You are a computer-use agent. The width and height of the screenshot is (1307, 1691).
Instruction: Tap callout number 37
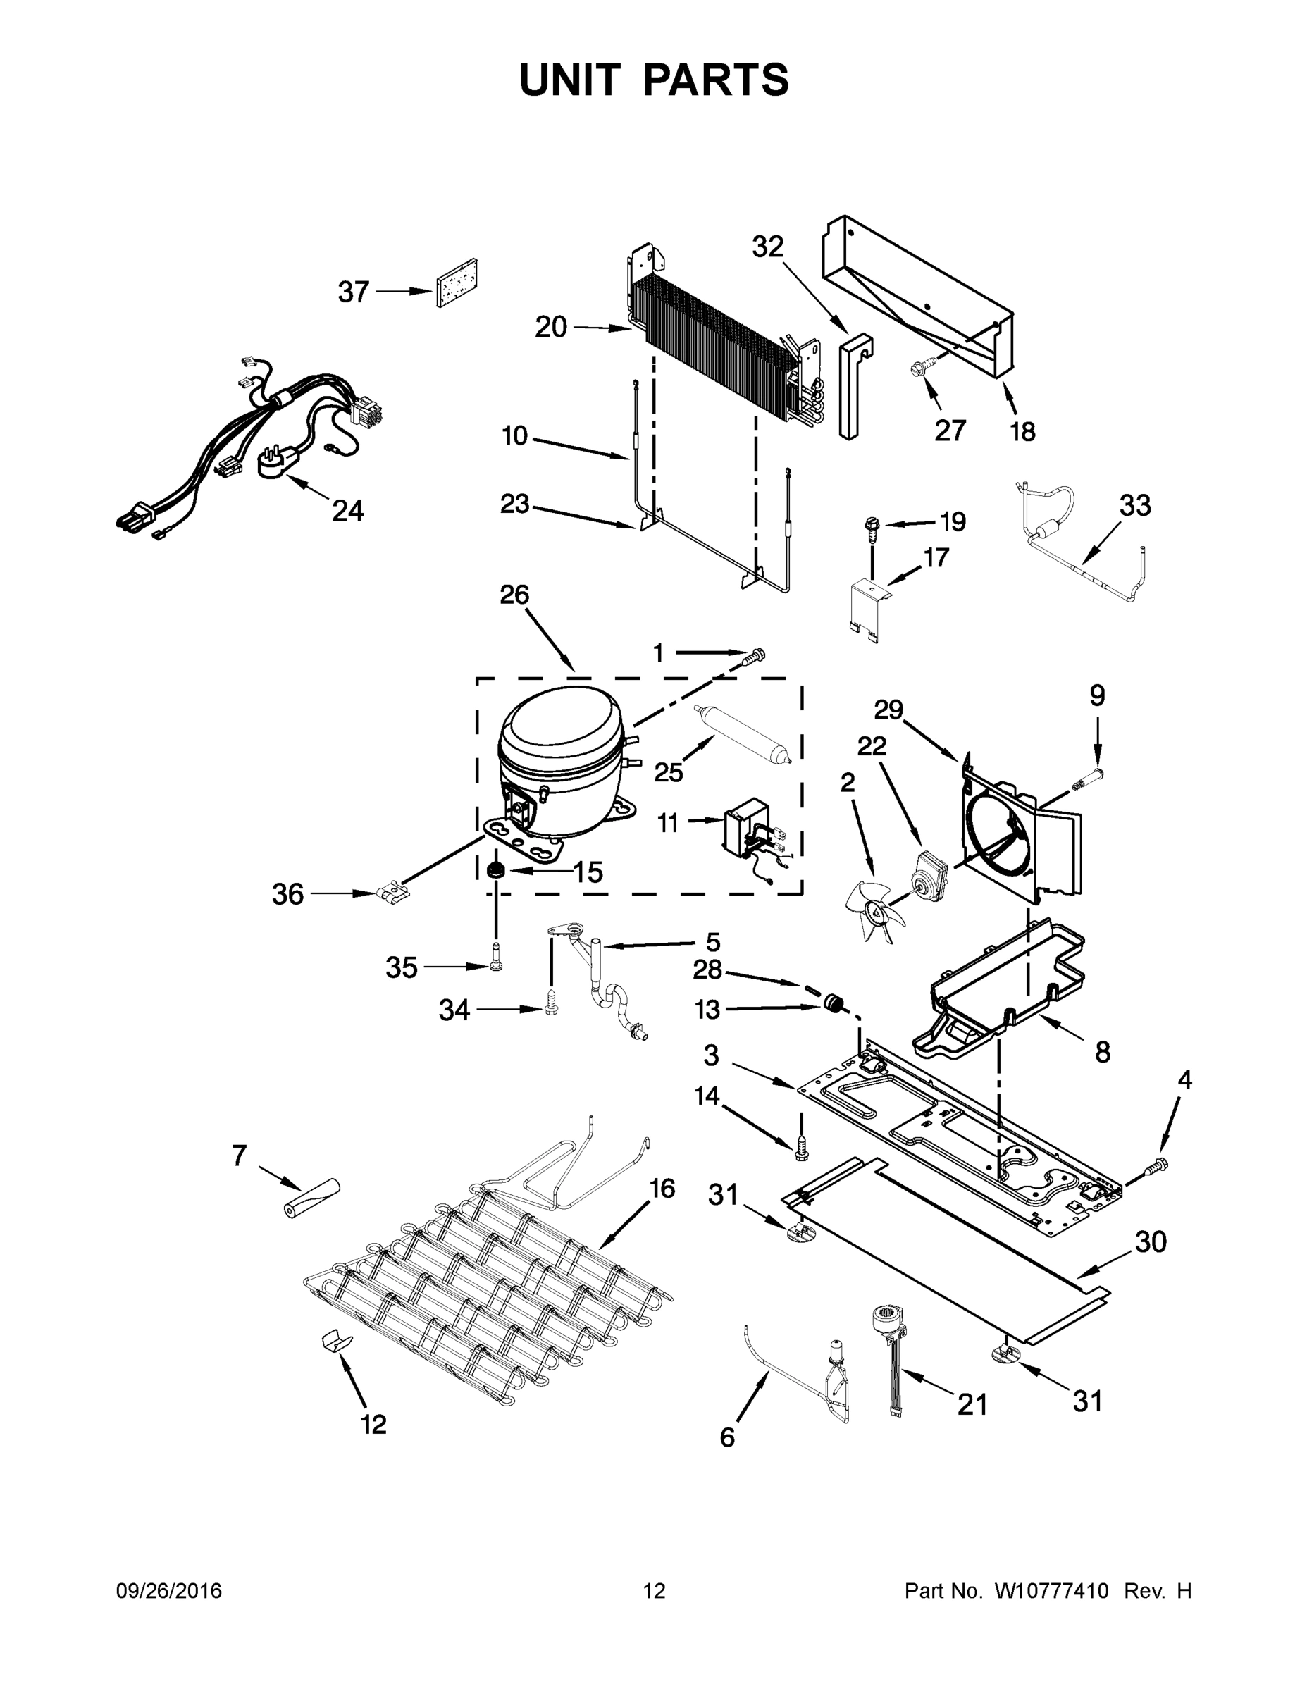click(353, 292)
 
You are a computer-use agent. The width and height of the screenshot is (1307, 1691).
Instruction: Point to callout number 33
click(1134, 506)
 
